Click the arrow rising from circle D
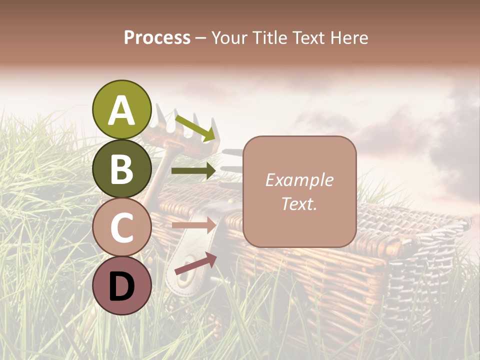(195, 263)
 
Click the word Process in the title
(157, 38)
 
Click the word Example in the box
(299, 180)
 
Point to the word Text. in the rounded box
(299, 203)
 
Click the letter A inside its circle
(121, 110)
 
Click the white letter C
(121, 228)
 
